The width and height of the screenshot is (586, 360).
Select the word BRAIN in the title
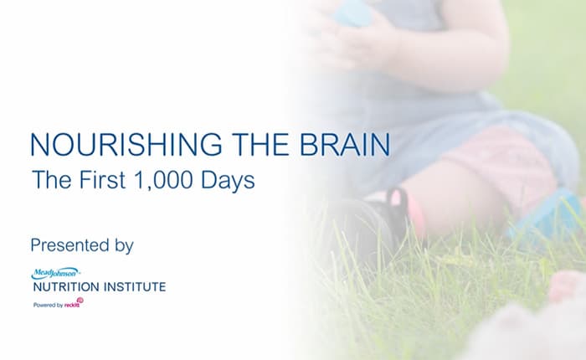[x=343, y=145]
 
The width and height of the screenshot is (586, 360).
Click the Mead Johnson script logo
[x=55, y=273]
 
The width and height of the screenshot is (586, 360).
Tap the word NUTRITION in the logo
[x=66, y=287]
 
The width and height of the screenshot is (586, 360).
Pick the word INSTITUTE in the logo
[x=134, y=287]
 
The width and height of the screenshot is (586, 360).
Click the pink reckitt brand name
[x=74, y=305]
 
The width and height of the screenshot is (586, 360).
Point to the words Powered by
[x=49, y=306]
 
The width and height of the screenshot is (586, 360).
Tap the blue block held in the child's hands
[x=351, y=12]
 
